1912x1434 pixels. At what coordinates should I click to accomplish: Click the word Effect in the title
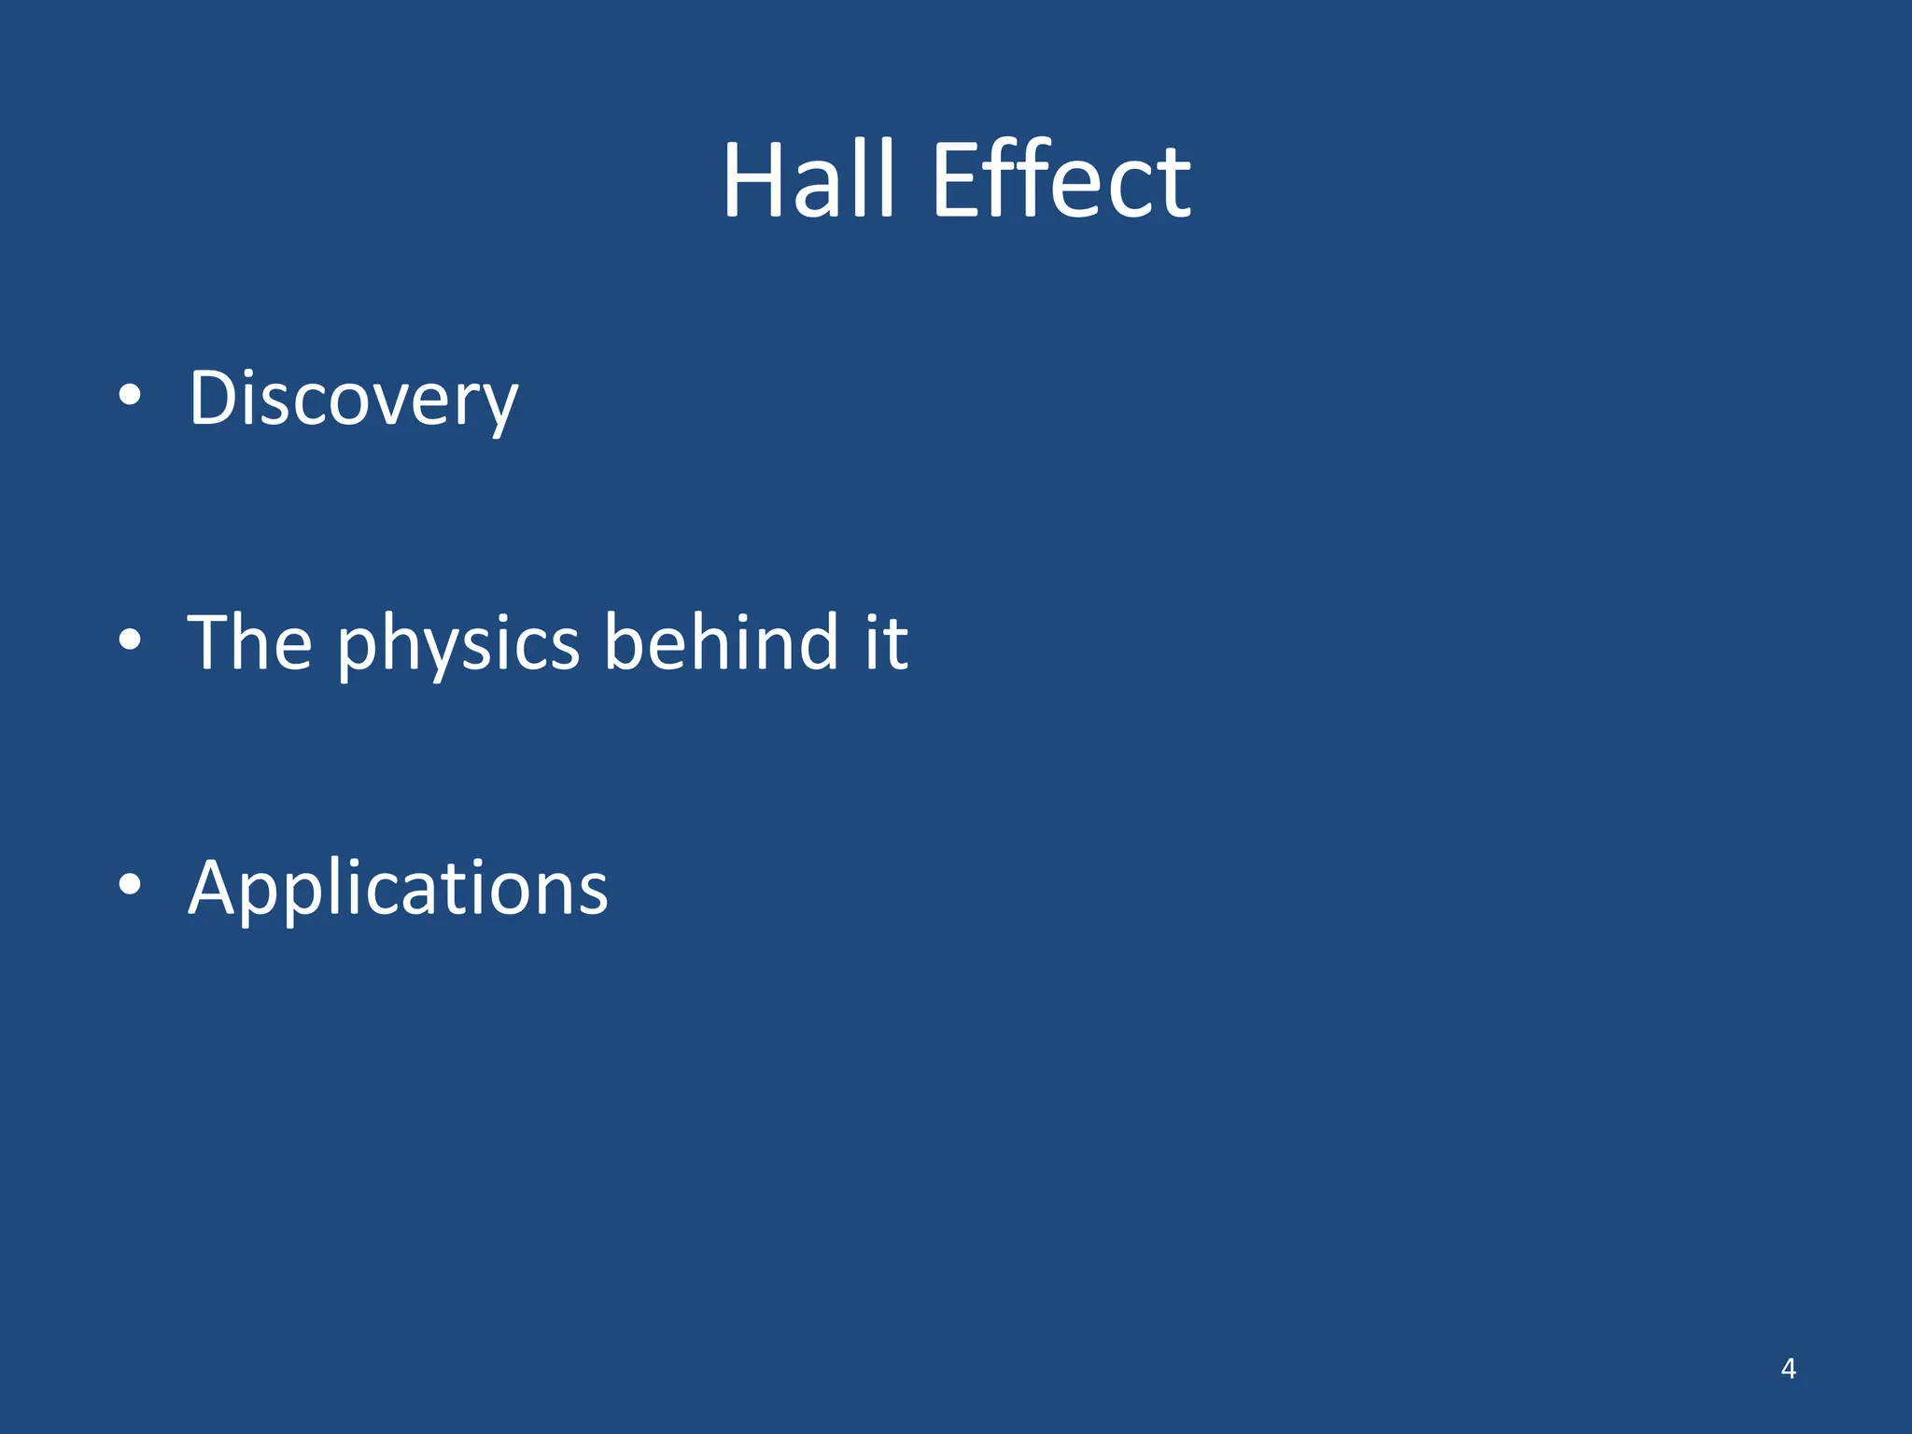pyautogui.click(x=1061, y=179)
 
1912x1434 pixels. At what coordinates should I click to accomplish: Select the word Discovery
pyautogui.click(x=353, y=399)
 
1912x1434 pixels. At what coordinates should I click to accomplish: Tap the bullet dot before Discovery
pyautogui.click(x=131, y=396)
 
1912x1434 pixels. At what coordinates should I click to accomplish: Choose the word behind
pyautogui.click(x=721, y=642)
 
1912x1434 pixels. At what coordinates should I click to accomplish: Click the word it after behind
pyautogui.click(x=886, y=642)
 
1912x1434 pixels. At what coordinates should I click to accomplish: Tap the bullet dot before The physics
pyautogui.click(x=131, y=640)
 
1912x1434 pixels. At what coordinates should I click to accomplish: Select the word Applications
pyautogui.click(x=398, y=889)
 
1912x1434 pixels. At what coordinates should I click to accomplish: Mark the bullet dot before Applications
pyautogui.click(x=131, y=885)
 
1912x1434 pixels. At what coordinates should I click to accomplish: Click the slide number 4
pyautogui.click(x=1788, y=1369)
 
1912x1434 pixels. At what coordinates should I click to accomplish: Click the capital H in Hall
pyautogui.click(x=754, y=179)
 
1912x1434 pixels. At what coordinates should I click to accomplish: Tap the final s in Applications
pyautogui.click(x=592, y=892)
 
